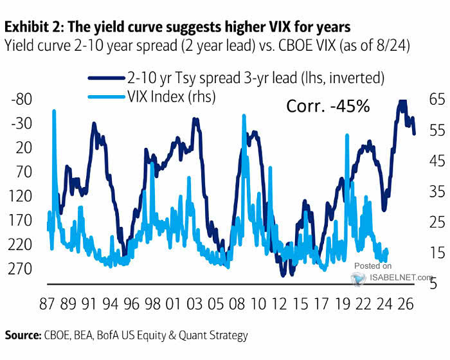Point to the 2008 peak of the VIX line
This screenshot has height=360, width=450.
click(x=244, y=116)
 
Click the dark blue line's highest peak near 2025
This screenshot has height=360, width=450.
click(x=402, y=101)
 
